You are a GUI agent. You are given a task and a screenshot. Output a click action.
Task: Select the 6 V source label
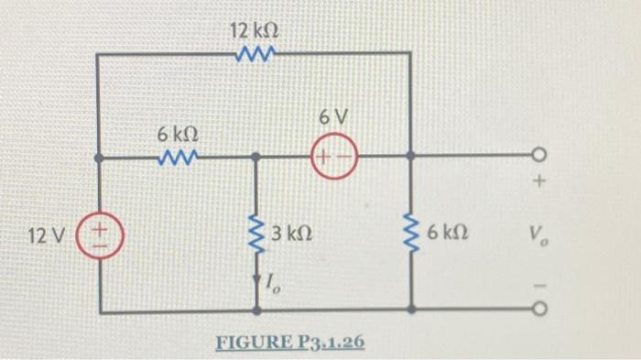click(x=333, y=118)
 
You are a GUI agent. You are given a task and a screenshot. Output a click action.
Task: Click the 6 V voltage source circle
click(x=333, y=156)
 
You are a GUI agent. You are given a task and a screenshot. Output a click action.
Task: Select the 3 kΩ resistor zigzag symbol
click(x=257, y=235)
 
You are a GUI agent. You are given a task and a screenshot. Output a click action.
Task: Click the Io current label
click(x=275, y=287)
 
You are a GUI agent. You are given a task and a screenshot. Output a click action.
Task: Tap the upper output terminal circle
click(x=540, y=156)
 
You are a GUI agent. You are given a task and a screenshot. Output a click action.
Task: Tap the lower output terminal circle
click(x=540, y=311)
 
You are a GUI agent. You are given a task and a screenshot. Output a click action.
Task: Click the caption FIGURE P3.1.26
click(x=289, y=343)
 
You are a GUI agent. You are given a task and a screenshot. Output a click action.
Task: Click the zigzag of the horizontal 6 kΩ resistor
click(x=176, y=157)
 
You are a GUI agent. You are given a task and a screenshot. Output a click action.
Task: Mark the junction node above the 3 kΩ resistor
click(x=257, y=157)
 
